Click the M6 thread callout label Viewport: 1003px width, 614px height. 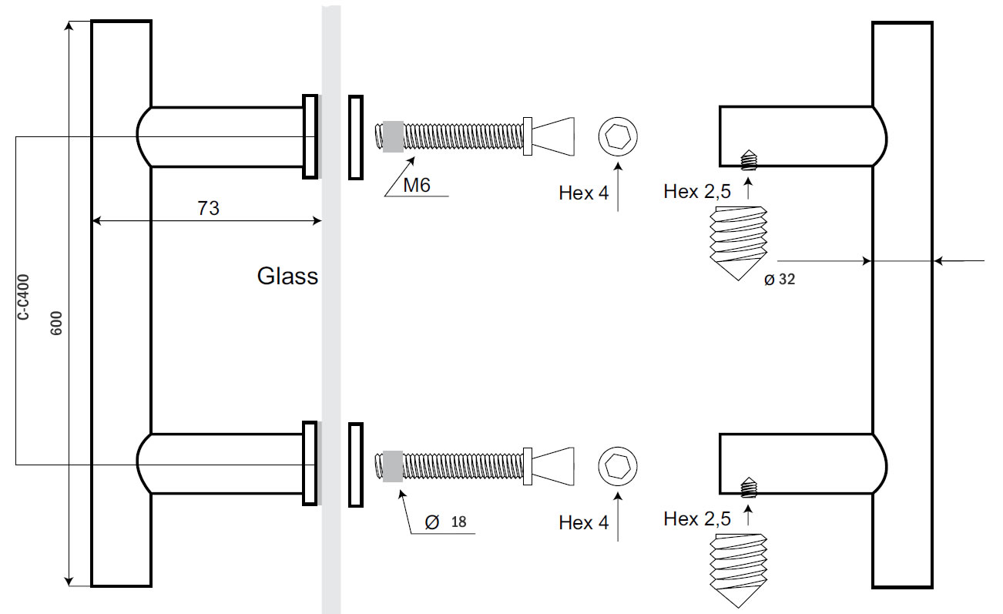click(417, 185)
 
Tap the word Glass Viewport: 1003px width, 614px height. click(287, 276)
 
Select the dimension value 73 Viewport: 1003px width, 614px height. click(207, 208)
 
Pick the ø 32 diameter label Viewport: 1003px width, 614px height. click(779, 280)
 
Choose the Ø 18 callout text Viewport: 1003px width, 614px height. click(445, 522)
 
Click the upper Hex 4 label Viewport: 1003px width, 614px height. click(583, 193)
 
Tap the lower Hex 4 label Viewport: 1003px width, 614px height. click(583, 523)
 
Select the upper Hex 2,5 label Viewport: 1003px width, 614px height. click(696, 192)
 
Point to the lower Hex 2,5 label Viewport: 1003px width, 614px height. click(696, 519)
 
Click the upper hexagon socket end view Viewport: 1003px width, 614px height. click(618, 138)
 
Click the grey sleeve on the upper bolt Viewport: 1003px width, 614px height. click(393, 136)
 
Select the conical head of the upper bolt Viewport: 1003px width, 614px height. click(554, 136)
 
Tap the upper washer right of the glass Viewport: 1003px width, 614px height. click(355, 137)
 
